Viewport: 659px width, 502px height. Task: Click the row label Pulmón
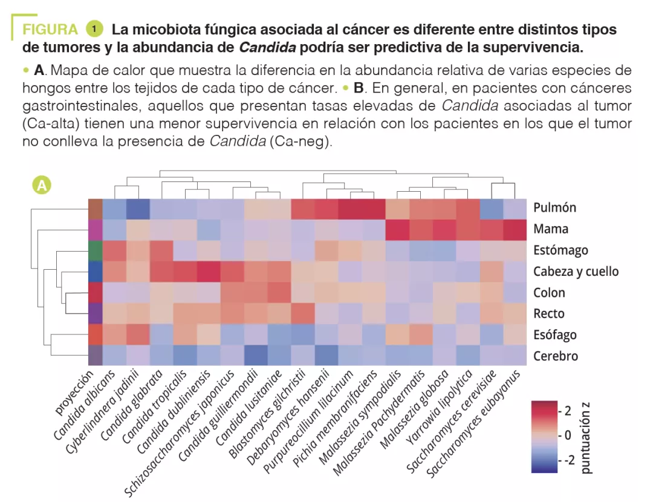[x=554, y=208]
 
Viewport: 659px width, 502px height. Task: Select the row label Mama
[x=550, y=229]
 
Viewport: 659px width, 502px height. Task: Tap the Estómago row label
[x=560, y=250]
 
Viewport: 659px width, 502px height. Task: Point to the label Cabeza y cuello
[x=576, y=272]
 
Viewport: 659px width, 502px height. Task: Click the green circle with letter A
[x=42, y=185]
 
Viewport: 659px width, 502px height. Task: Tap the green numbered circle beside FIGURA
[x=95, y=28]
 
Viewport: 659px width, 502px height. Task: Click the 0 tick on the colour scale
[x=567, y=435]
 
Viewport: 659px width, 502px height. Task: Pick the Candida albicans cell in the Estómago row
[x=114, y=250]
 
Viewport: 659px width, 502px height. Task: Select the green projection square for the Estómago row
[x=96, y=250]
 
